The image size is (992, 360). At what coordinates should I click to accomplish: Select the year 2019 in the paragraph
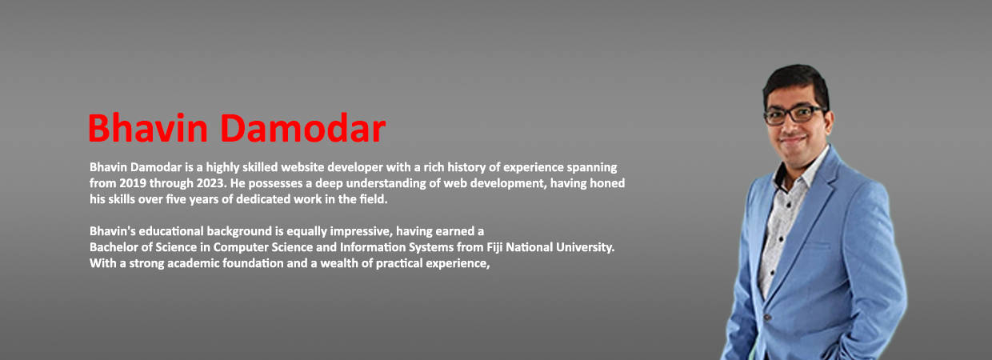pyautogui.click(x=133, y=183)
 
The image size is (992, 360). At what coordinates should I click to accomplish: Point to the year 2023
pyautogui.click(x=211, y=183)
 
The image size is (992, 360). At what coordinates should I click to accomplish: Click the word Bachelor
pyautogui.click(x=114, y=247)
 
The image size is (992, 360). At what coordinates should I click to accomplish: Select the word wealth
pyautogui.click(x=338, y=263)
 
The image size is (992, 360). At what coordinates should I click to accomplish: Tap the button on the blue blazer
pyautogui.click(x=767, y=318)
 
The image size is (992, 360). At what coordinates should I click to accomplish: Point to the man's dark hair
pyautogui.click(x=796, y=84)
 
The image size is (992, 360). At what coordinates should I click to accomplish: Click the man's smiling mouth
pyautogui.click(x=792, y=140)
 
